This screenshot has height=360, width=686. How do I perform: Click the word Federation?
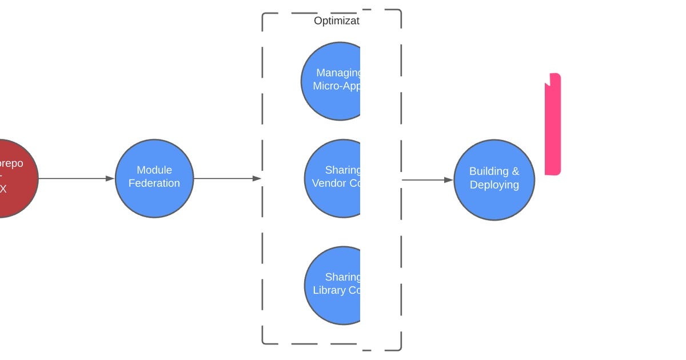(154, 183)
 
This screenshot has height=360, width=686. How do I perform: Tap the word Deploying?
(494, 185)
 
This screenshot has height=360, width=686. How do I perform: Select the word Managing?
(338, 73)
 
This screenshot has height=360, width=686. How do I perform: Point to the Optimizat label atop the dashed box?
(337, 21)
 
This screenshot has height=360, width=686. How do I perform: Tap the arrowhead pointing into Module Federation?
(110, 178)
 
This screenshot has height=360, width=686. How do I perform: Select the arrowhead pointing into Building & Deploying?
(449, 180)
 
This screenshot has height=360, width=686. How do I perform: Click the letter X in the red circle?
(3, 189)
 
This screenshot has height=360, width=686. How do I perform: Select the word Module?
(154, 170)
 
